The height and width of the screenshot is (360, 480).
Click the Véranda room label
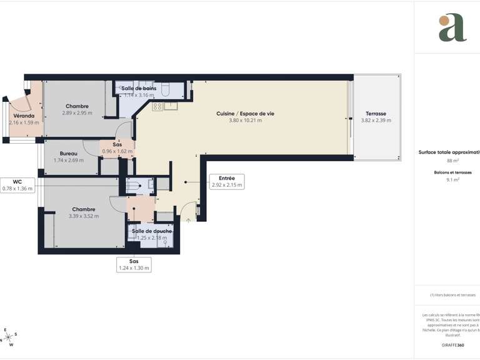pos(24,116)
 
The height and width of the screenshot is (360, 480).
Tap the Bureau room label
pos(69,154)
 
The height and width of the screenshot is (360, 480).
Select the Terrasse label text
pos(376,114)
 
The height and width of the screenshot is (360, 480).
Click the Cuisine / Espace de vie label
pos(245,113)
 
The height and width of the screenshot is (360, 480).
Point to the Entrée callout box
pos(226,181)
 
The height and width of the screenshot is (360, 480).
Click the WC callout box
pos(17,185)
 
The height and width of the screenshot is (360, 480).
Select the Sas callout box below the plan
pos(134,264)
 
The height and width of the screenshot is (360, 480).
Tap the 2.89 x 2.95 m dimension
pos(77,113)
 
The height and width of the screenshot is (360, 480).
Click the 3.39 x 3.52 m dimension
pos(84,216)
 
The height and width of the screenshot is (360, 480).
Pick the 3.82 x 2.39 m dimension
pos(376,121)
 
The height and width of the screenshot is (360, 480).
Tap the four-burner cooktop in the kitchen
pos(156,106)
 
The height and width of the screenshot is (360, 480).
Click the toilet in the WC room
pos(132,185)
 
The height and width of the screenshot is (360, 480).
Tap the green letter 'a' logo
pos(452,27)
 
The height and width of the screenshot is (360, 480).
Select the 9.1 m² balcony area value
pos(452,179)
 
